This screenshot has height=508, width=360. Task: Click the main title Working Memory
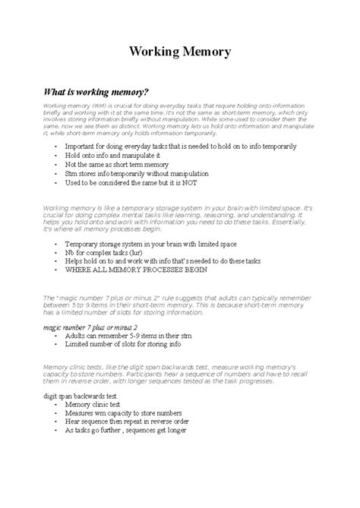click(x=180, y=52)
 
